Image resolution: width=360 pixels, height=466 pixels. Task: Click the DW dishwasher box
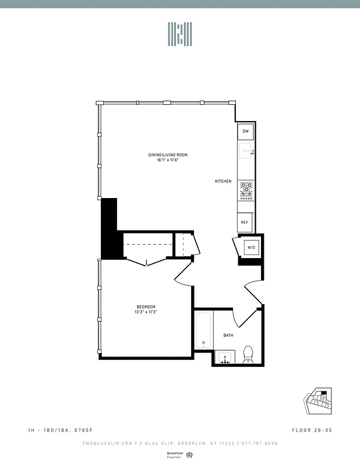[x=245, y=131]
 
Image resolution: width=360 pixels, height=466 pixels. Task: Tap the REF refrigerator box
[x=245, y=222]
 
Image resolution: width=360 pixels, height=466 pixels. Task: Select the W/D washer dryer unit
[x=252, y=248]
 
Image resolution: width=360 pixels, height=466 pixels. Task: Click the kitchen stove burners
[x=246, y=190]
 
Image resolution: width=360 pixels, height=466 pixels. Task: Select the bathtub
[x=203, y=331]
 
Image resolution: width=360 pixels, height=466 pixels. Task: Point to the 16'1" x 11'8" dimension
[x=167, y=161]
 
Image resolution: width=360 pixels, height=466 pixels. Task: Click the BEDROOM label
[x=146, y=307]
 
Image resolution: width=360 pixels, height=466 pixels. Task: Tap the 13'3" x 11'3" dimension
[x=146, y=313]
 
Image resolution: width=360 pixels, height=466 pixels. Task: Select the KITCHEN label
[x=223, y=182]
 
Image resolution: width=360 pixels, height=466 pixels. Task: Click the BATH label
[x=228, y=335]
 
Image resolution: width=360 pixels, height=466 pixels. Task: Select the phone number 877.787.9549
[x=259, y=443]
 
